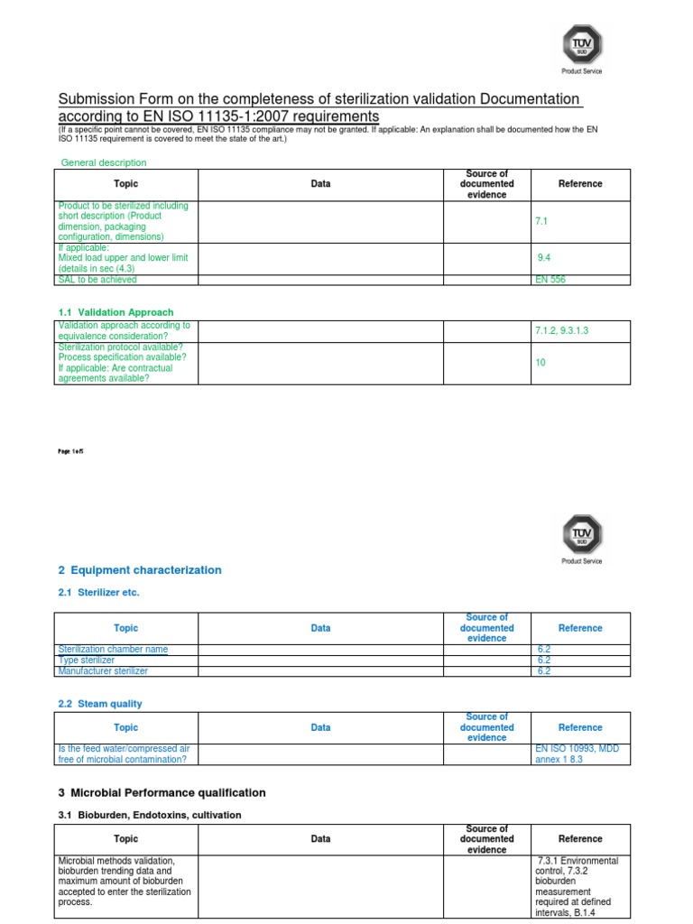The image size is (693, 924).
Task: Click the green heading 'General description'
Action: [103, 162]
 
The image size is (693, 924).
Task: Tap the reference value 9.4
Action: [544, 258]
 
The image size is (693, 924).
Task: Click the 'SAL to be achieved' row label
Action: [97, 280]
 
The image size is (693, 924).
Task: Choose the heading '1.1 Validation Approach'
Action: [115, 312]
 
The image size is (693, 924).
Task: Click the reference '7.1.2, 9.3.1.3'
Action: [561, 331]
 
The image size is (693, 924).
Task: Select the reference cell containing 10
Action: [541, 363]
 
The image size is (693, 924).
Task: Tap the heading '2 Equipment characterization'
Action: [139, 570]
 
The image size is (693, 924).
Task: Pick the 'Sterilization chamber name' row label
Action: [113, 650]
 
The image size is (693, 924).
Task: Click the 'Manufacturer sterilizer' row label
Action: [103, 671]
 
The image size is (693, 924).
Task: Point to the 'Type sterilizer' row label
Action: [87, 661]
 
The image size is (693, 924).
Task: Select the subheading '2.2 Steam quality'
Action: [100, 704]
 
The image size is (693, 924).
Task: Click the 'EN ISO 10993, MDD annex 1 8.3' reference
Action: [577, 753]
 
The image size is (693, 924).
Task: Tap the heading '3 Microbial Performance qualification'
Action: [162, 793]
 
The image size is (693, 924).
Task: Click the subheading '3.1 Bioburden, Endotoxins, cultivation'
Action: [150, 816]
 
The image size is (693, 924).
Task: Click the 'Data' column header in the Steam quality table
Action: [320, 727]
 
